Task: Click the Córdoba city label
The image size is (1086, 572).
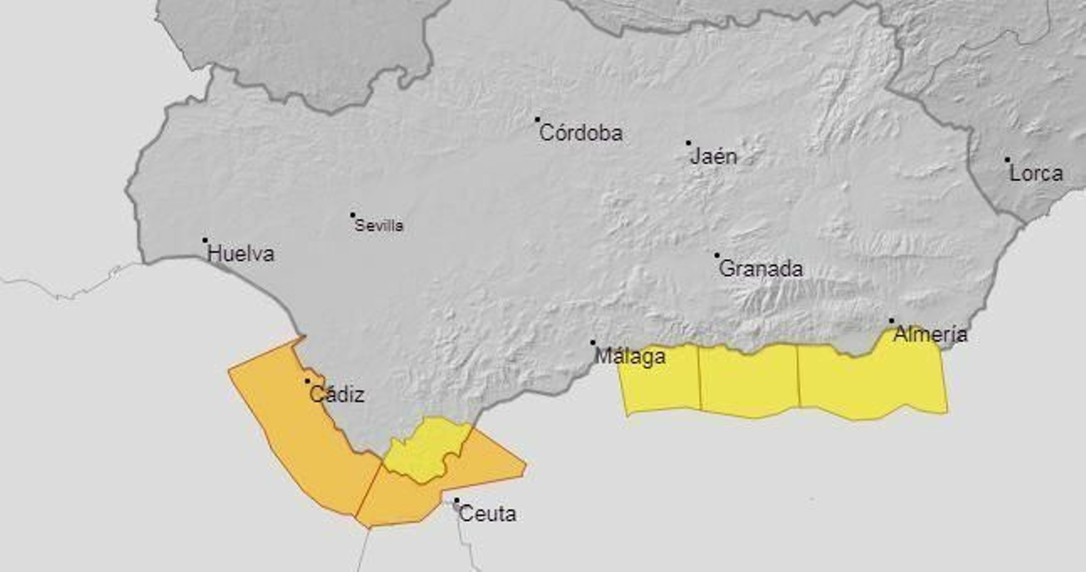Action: (580, 133)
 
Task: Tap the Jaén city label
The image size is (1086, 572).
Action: (713, 157)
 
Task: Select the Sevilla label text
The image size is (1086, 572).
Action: (379, 225)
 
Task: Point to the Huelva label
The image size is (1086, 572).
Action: (241, 254)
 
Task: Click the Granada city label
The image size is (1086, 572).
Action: (760, 269)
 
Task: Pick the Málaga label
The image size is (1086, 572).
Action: (630, 356)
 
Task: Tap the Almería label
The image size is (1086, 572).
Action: (931, 334)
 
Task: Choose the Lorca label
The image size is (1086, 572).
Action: (1036, 173)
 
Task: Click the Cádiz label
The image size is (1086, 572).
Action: (337, 394)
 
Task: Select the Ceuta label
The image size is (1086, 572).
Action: (487, 514)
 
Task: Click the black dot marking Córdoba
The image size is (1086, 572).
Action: (537, 119)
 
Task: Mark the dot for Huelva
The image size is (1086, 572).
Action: (205, 240)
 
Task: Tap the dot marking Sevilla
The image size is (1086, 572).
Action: (352, 215)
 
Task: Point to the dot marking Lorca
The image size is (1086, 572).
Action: (1007, 160)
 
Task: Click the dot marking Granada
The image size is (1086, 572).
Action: (717, 256)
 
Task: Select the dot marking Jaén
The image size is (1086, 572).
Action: (688, 143)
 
